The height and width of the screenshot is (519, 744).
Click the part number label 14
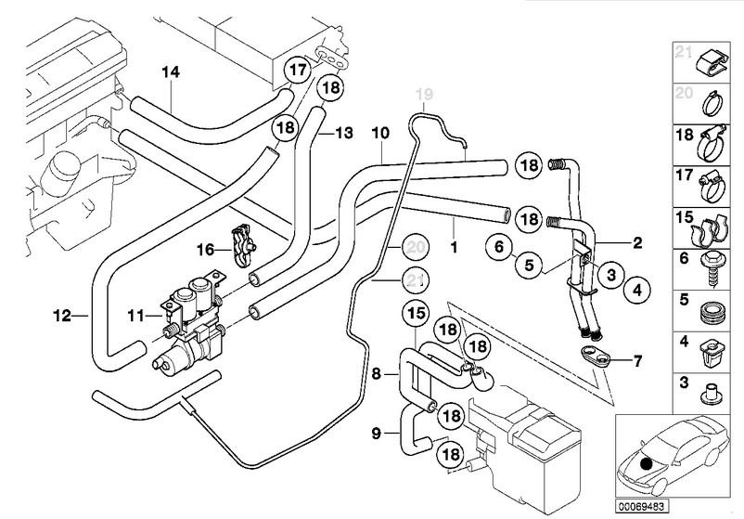click(170, 72)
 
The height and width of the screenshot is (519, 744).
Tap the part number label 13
click(343, 134)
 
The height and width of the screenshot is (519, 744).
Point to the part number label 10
click(379, 133)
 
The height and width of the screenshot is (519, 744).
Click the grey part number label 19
click(423, 94)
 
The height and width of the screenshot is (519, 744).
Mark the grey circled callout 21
click(417, 279)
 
